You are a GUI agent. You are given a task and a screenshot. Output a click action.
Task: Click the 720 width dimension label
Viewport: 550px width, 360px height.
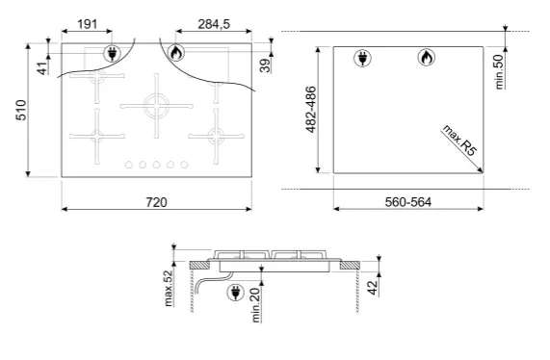click(x=156, y=202)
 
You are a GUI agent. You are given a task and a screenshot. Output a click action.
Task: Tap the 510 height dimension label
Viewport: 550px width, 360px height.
click(x=21, y=110)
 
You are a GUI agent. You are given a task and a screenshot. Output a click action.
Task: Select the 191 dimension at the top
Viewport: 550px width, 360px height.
click(x=87, y=24)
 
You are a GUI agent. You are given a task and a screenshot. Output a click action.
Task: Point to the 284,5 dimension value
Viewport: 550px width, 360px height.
click(x=214, y=24)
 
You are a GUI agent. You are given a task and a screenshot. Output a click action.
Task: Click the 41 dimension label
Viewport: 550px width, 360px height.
click(x=42, y=68)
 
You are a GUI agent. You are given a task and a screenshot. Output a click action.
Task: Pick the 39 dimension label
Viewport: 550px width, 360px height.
click(x=265, y=65)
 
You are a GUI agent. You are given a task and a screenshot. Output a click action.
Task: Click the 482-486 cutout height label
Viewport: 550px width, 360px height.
click(x=311, y=110)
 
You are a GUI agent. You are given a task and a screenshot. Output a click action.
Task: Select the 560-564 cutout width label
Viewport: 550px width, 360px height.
click(x=408, y=202)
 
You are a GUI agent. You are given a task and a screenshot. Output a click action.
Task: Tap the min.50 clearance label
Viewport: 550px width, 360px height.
click(x=500, y=72)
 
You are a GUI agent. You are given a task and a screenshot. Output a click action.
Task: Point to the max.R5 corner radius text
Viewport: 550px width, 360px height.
click(x=459, y=140)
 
